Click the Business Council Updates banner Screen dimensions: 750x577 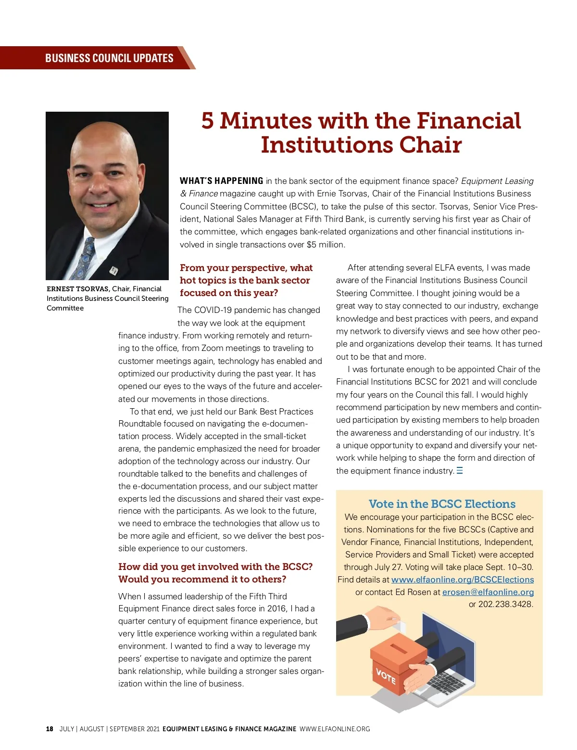[x=109, y=58]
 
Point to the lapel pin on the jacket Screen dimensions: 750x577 [x=114, y=271]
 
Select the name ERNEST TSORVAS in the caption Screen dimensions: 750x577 [x=78, y=289]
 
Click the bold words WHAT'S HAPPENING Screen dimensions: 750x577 [x=221, y=181]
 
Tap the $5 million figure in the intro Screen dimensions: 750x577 [x=325, y=245]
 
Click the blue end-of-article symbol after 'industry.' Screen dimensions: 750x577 [x=460, y=471]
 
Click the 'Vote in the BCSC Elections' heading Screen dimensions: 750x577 [x=442, y=504]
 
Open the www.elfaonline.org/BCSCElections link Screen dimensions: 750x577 [x=463, y=580]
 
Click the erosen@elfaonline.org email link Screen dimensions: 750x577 [x=488, y=592]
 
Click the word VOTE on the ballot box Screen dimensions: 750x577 [x=386, y=676]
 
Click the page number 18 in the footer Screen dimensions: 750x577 [x=50, y=729]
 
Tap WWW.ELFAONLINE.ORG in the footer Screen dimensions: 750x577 [x=335, y=729]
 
